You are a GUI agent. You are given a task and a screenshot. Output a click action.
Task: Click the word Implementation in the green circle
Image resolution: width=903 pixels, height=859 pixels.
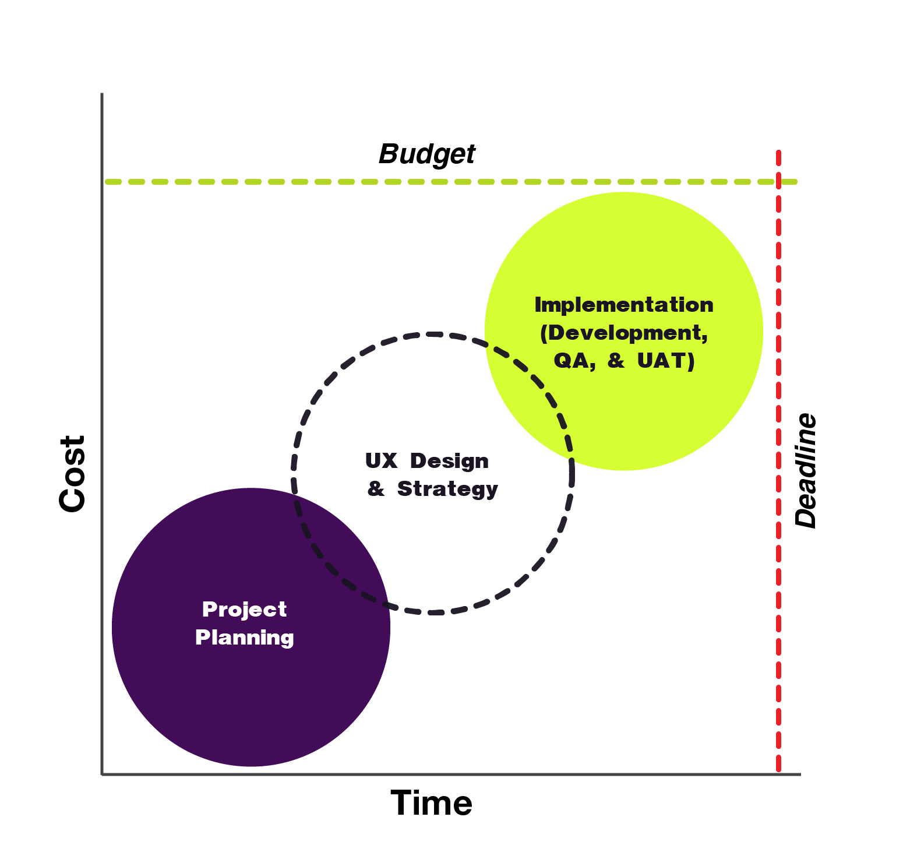tap(623, 305)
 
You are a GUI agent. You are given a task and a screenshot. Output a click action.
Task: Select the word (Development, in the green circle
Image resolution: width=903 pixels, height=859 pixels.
tap(623, 333)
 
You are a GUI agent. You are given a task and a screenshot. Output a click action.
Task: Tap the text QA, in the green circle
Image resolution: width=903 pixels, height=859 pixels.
tap(574, 361)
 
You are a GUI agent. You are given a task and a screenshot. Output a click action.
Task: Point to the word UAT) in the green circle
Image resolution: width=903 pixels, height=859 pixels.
tap(665, 361)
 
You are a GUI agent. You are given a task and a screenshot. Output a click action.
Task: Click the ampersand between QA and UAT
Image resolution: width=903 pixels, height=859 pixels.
tap(616, 361)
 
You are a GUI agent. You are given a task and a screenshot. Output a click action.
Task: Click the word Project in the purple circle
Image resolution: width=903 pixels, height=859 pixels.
tap(244, 610)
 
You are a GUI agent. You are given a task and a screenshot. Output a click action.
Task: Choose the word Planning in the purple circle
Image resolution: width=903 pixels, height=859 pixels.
tap(244, 638)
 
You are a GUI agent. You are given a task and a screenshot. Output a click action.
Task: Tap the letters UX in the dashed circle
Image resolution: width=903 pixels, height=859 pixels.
tap(381, 461)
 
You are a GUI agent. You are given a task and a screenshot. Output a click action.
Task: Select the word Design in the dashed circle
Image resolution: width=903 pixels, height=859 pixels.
tap(449, 461)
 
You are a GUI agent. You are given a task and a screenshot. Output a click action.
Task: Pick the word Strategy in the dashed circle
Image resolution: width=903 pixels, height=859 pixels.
tap(447, 489)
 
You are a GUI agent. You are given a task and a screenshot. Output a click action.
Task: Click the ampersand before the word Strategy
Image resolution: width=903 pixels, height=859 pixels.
tap(376, 489)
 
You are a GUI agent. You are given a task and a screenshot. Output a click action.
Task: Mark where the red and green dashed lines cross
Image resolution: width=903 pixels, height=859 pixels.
tap(778, 182)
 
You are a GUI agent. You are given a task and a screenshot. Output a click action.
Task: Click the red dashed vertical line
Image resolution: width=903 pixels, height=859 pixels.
tap(778, 466)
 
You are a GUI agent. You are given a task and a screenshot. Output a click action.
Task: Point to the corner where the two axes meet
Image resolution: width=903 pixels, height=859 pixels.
tap(103, 774)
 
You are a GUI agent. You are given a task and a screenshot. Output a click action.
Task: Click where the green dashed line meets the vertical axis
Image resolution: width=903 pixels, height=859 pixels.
tap(103, 182)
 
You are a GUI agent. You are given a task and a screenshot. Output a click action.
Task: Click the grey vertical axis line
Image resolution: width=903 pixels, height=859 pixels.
tap(103, 408)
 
